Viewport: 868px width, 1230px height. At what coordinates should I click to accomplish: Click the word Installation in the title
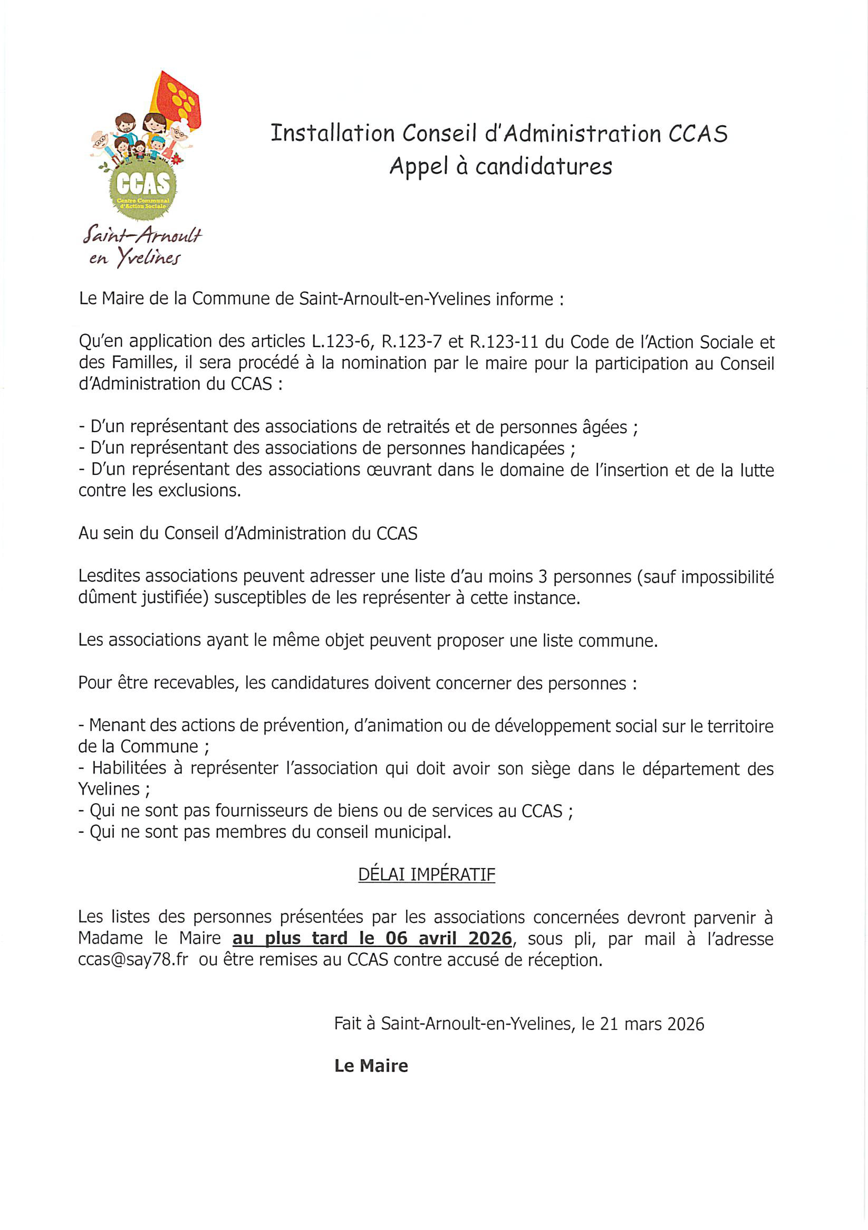click(x=333, y=134)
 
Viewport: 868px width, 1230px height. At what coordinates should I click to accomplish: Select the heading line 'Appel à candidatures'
click(x=500, y=166)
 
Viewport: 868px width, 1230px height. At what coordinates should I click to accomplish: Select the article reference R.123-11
click(x=515, y=341)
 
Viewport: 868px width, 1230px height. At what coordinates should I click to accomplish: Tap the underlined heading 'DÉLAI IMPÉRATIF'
click(x=426, y=874)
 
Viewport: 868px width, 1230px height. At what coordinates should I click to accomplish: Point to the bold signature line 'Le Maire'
click(x=371, y=1066)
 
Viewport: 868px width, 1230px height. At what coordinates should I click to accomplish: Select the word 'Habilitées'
click(x=129, y=768)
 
